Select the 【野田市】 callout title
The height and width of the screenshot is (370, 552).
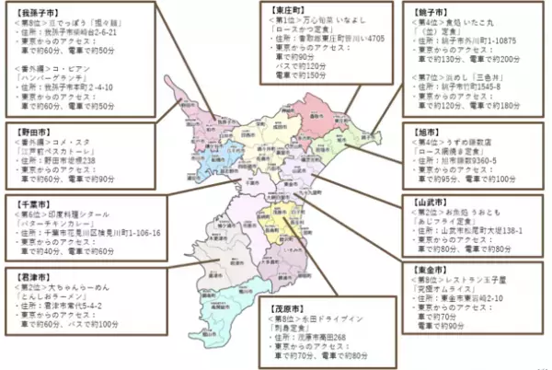tap(29, 131)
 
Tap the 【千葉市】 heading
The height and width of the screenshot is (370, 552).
tap(29, 200)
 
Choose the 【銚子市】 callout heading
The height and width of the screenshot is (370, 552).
tap(427, 7)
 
